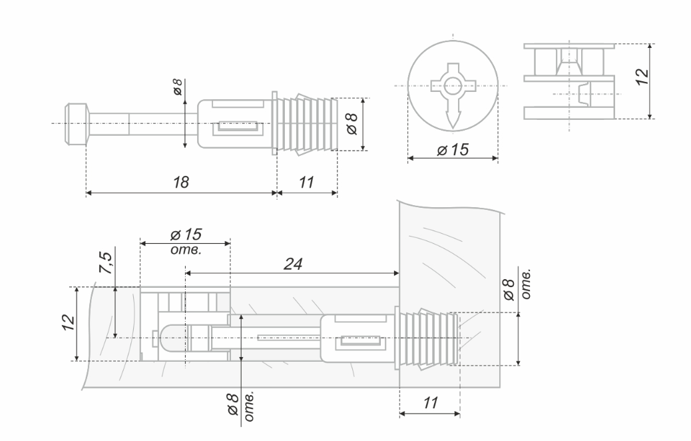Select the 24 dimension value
[293, 263]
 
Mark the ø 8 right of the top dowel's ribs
[352, 124]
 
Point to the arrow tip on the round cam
[453, 123]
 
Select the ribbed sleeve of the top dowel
[308, 125]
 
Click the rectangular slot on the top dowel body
[237, 125]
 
